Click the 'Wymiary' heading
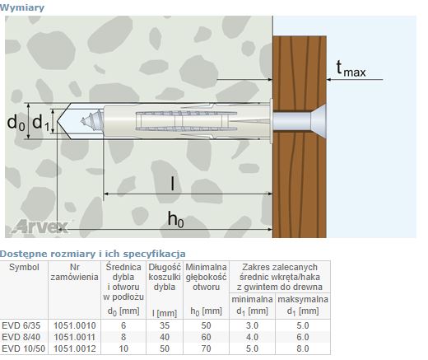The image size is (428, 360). pos(22,7)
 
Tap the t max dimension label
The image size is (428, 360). pos(351,68)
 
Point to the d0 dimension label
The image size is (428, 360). pos(16,122)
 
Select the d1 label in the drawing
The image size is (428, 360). pos(41,122)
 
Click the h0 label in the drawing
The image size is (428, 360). pos(175,219)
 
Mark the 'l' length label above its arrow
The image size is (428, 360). pos(172,184)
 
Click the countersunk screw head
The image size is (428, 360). pos(319,121)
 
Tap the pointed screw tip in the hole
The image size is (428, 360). pos(82,121)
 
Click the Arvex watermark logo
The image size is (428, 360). pos(40,227)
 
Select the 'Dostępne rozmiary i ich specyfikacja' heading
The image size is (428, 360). pos(93,254)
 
